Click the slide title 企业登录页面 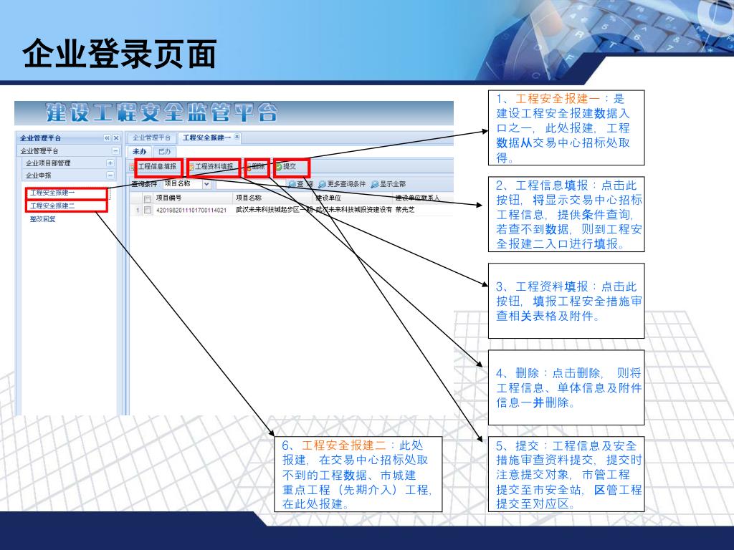[119, 54]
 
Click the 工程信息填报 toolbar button [157, 167]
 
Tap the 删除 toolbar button [257, 167]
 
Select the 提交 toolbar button [289, 167]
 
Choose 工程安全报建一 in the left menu [52, 193]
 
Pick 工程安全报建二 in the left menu [52, 206]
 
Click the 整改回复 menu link [43, 219]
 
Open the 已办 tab [165, 151]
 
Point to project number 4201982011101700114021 [191, 211]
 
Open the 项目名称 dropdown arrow [206, 184]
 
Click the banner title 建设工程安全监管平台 [162, 113]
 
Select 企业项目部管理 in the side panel [48, 163]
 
